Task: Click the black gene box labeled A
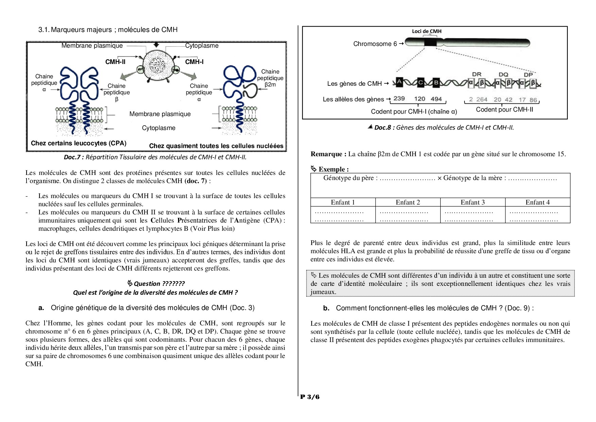399,82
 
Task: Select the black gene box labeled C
420,82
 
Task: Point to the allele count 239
399,99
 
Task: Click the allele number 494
436,99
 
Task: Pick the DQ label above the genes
503,74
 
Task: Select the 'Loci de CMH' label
427,31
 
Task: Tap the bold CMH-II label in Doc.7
116,62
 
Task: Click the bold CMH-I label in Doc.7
194,62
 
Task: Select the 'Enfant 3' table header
473,202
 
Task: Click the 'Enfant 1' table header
343,202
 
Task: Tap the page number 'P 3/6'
310,397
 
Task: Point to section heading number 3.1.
44,30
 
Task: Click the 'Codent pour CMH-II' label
504,110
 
